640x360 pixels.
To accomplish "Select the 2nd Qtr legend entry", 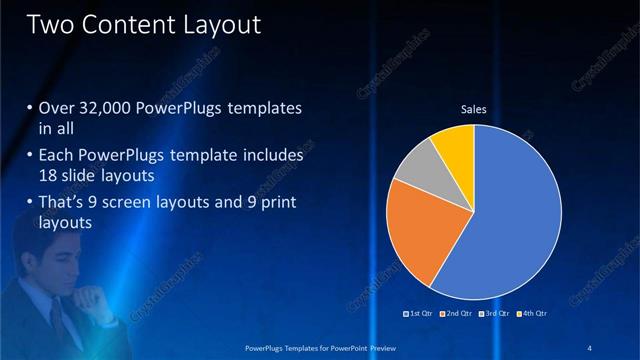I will pos(456,314).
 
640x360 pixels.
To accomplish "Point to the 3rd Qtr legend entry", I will pos(494,314).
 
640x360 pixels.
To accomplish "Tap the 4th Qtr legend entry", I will pos(532,314).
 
